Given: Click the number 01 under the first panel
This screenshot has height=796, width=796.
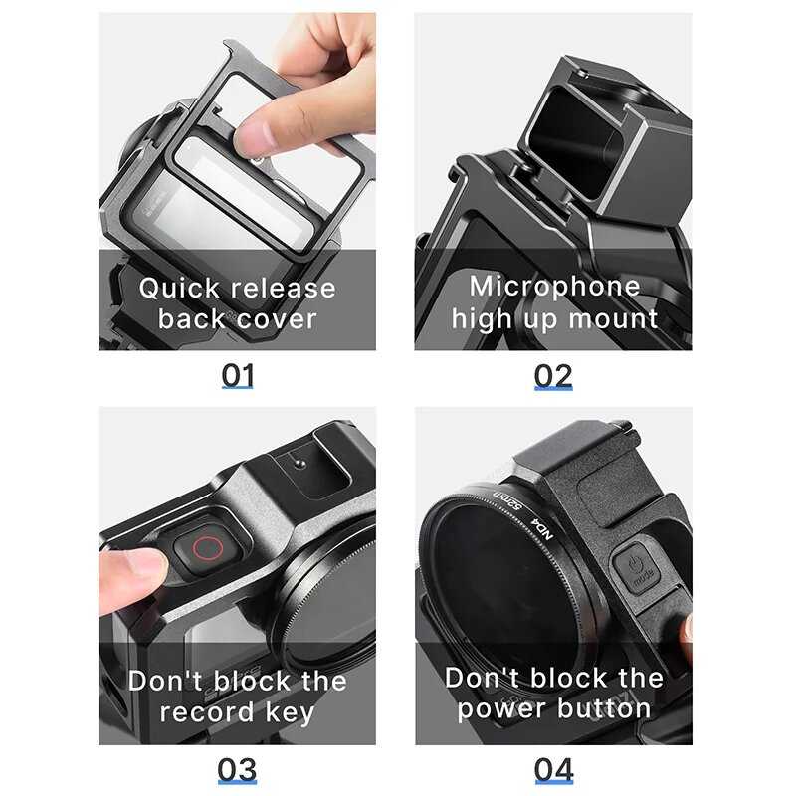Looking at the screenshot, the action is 237,376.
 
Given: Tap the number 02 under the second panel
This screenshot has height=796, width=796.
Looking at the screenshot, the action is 553,376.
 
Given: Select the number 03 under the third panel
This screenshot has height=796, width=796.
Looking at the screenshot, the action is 237,770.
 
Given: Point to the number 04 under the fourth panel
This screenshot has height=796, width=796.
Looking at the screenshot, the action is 554,770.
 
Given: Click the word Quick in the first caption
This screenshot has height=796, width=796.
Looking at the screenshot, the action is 179,289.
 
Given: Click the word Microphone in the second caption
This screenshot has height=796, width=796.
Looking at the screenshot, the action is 554,286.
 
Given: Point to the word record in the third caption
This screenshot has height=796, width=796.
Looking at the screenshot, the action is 207,711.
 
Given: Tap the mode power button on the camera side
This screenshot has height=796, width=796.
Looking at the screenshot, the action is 636,567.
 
